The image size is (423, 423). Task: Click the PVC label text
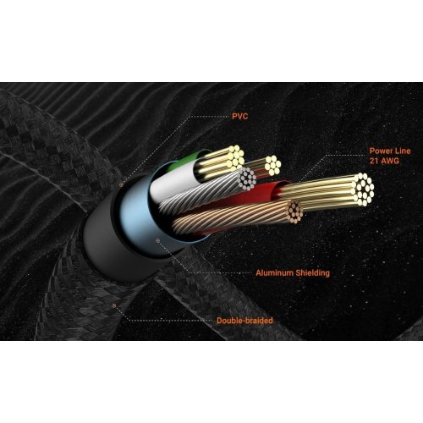(240, 116)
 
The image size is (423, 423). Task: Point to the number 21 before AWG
(374, 161)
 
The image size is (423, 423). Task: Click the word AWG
(390, 161)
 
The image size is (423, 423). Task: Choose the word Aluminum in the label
(274, 272)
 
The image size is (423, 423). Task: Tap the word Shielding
(313, 273)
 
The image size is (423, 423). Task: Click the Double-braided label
(244, 321)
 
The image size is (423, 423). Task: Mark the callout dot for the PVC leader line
(121, 185)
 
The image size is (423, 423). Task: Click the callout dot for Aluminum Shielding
(158, 240)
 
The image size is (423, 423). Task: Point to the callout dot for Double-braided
(114, 305)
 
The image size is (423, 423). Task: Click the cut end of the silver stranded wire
(247, 178)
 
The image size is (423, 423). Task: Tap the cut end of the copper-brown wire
(294, 211)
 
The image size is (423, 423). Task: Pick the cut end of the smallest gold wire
(272, 165)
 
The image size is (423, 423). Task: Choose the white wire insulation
(172, 179)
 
